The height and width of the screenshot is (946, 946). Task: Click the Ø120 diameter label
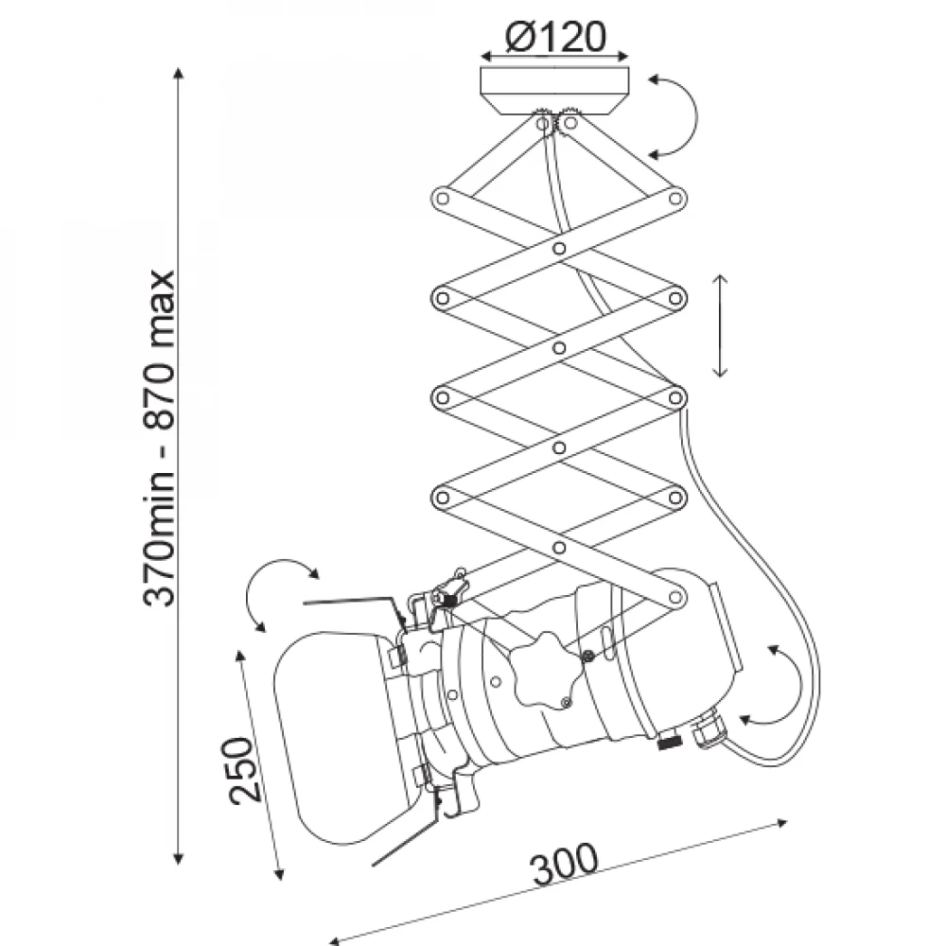click(x=555, y=37)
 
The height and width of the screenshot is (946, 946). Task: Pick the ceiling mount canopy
click(x=554, y=91)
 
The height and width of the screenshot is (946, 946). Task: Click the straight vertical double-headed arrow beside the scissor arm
click(x=720, y=325)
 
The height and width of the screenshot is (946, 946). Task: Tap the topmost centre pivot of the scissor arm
click(x=559, y=248)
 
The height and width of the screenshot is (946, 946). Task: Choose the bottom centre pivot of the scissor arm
click(x=559, y=548)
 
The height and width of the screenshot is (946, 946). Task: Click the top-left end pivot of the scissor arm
click(x=443, y=198)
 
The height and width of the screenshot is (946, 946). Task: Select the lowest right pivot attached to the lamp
click(x=675, y=597)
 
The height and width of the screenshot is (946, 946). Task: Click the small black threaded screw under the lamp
click(x=669, y=742)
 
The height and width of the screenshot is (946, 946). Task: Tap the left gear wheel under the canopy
click(x=542, y=120)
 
